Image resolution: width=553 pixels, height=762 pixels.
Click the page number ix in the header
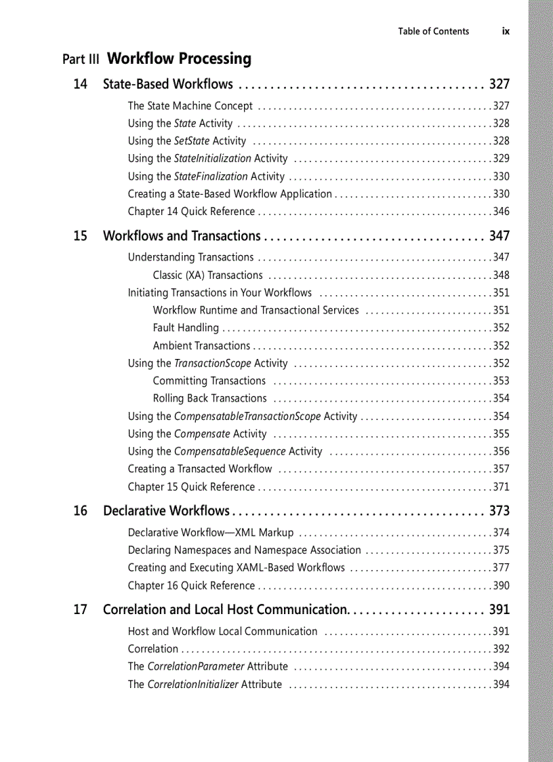click(506, 31)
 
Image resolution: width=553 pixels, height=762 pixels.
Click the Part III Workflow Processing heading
click(157, 59)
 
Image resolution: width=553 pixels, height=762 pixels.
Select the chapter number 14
click(81, 84)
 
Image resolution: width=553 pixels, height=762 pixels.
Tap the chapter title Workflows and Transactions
click(181, 236)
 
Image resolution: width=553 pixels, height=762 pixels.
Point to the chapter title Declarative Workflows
click(166, 511)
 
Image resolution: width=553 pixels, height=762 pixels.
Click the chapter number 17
click(81, 610)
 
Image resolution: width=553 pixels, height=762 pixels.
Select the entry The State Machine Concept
click(190, 106)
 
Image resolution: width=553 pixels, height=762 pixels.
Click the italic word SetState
click(192, 141)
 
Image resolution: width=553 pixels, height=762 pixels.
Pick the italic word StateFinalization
click(211, 176)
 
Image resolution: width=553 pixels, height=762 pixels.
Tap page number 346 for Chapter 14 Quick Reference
click(501, 212)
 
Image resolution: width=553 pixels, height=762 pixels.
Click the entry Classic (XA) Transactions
click(207, 275)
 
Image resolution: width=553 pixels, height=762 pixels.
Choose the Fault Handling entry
click(186, 328)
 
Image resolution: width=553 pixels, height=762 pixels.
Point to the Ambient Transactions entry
click(201, 345)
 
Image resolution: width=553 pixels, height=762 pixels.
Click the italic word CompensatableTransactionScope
click(247, 416)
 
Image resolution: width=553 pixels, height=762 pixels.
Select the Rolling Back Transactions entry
click(209, 398)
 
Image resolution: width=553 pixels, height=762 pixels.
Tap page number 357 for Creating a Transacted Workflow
click(501, 469)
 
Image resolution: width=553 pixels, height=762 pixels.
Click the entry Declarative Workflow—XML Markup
click(211, 533)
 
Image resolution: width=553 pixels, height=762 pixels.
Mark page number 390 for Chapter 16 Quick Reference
click(501, 586)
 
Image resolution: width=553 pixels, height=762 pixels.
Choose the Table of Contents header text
click(433, 31)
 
